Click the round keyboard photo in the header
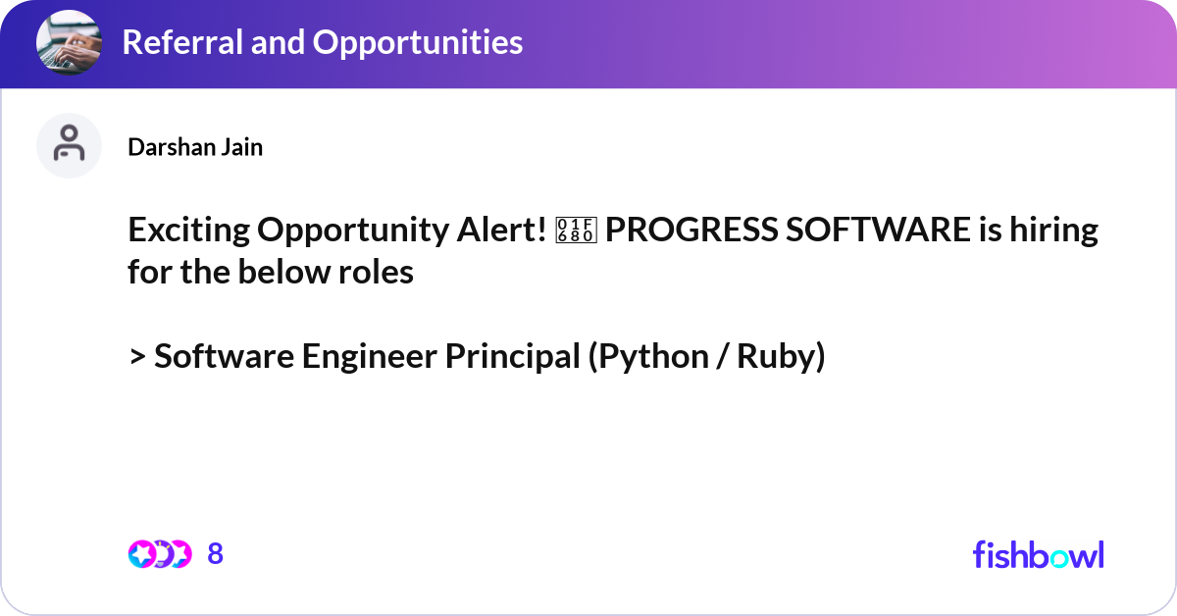[69, 42]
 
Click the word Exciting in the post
[188, 231]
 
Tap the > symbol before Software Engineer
[136, 357]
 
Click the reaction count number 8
[216, 554]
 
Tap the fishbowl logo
[1038, 554]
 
